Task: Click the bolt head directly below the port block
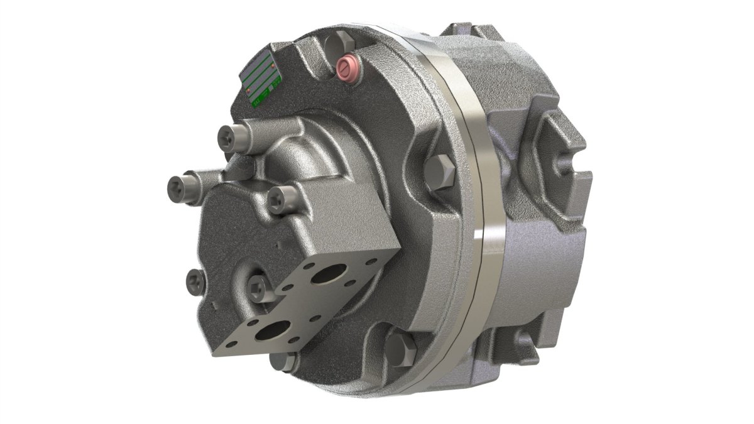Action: [285, 361]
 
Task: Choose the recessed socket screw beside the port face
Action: [257, 288]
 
